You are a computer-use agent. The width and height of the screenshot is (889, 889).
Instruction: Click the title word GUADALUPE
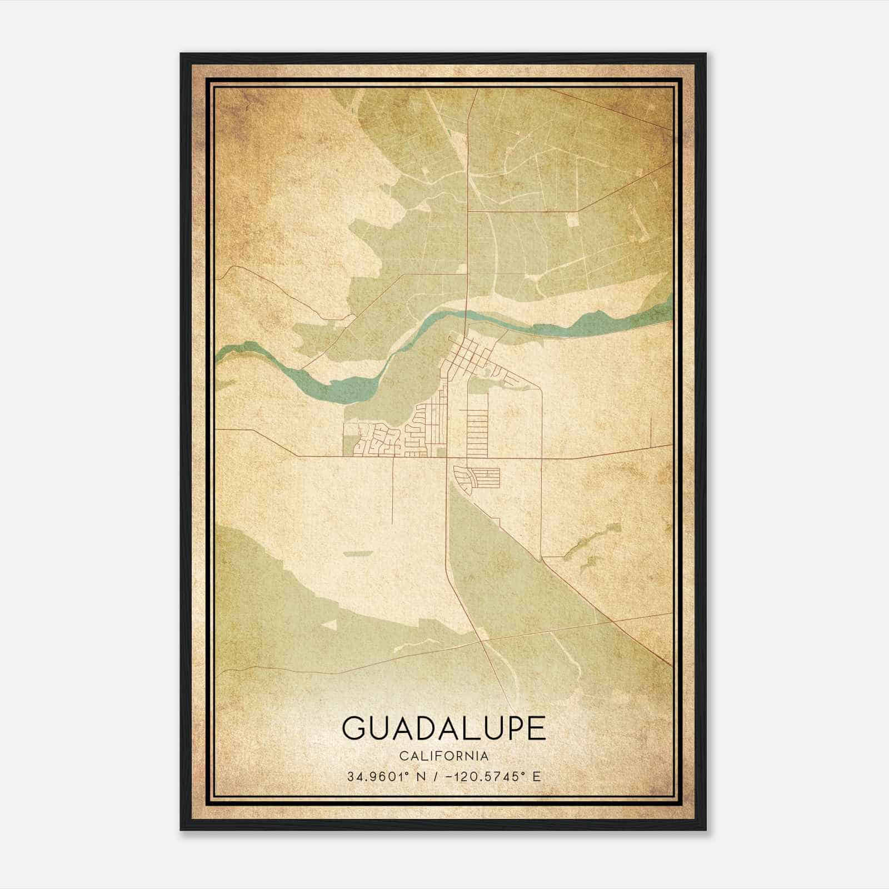443,728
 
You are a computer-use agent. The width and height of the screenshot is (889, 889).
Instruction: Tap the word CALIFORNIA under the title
443,756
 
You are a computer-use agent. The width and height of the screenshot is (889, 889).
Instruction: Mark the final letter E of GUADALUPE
536,728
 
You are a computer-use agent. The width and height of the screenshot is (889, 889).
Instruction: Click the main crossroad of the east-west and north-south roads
447,458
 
